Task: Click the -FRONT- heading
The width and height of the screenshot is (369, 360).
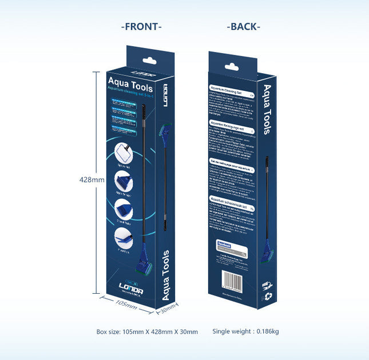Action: point(141,26)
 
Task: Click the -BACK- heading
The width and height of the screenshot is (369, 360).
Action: point(244,26)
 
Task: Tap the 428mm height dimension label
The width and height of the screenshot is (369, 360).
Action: point(92,179)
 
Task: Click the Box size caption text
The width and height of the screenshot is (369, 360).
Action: point(147,331)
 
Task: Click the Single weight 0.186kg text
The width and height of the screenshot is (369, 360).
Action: point(245,331)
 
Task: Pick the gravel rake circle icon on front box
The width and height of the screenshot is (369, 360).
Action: point(125,209)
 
